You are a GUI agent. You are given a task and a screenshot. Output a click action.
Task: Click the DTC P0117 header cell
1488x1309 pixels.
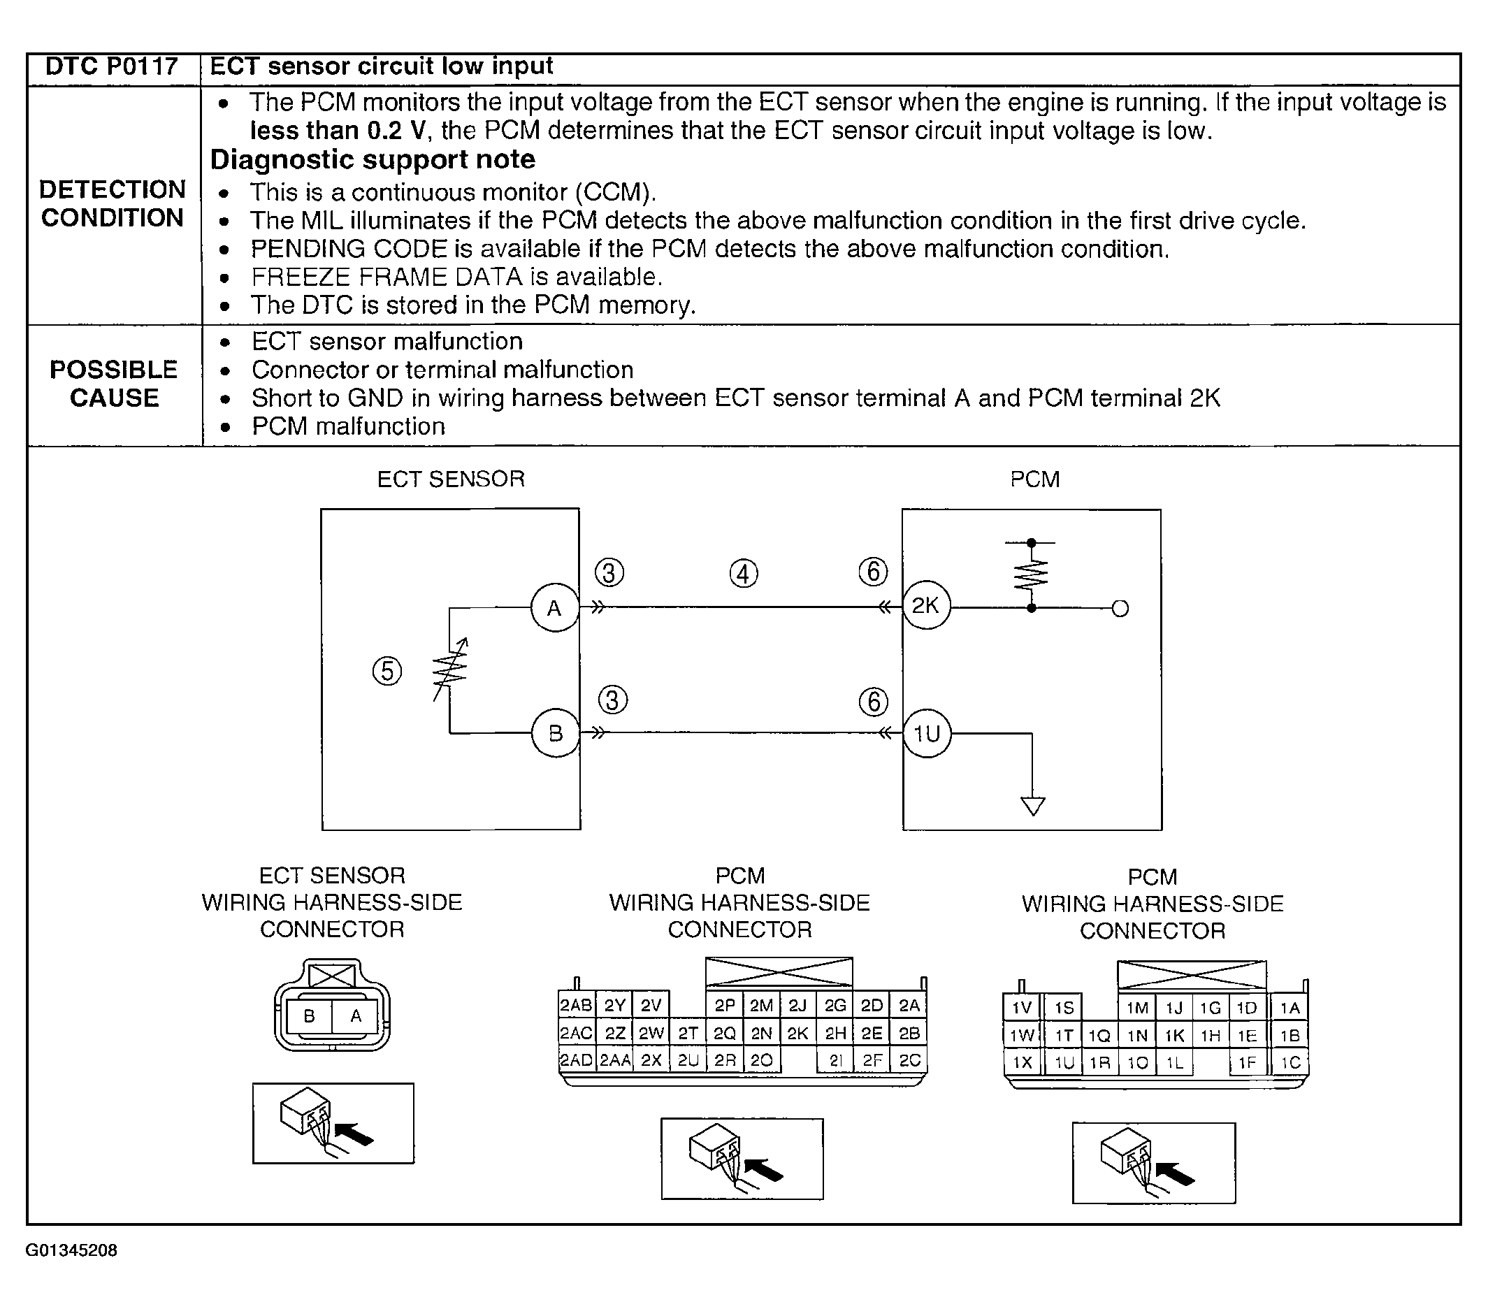pos(111,67)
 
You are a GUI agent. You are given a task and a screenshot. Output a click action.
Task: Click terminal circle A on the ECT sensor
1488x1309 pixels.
pos(555,608)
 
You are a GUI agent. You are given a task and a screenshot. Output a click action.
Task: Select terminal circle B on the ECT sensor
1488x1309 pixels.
pos(555,733)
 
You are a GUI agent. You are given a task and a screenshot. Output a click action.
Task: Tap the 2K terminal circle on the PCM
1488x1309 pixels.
pos(926,606)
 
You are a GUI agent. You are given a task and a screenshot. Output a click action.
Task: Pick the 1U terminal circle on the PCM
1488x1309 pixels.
pos(927,733)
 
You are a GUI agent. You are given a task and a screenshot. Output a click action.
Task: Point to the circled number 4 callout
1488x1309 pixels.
pos(743,574)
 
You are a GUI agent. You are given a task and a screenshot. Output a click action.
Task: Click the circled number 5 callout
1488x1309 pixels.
pos(387,670)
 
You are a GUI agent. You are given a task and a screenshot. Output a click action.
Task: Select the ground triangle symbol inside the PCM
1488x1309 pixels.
pos(1033,806)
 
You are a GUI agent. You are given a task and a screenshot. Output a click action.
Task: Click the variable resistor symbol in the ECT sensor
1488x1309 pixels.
pos(450,670)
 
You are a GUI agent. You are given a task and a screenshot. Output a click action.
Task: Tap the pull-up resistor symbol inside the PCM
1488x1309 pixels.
pos(1032,575)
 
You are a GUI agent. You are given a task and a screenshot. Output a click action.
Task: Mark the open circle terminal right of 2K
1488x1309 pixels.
pos(1120,609)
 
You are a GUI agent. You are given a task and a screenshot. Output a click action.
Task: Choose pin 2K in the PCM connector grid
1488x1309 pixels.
pos(798,1033)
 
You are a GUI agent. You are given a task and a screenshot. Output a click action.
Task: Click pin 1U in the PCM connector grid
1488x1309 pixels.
pos(1064,1062)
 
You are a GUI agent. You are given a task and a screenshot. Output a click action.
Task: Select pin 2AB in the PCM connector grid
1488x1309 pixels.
pos(576,1006)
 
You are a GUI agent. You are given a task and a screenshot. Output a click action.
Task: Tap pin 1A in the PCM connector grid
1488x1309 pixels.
pos(1290,1008)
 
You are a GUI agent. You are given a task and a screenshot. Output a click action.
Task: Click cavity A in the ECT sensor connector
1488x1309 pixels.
pos(356,1015)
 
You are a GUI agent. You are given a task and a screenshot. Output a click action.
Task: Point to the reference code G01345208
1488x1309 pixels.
pos(71,1250)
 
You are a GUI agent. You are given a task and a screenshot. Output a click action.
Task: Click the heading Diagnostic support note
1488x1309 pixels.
pos(373,159)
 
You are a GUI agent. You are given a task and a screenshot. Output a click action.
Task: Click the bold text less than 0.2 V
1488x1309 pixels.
pos(338,131)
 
